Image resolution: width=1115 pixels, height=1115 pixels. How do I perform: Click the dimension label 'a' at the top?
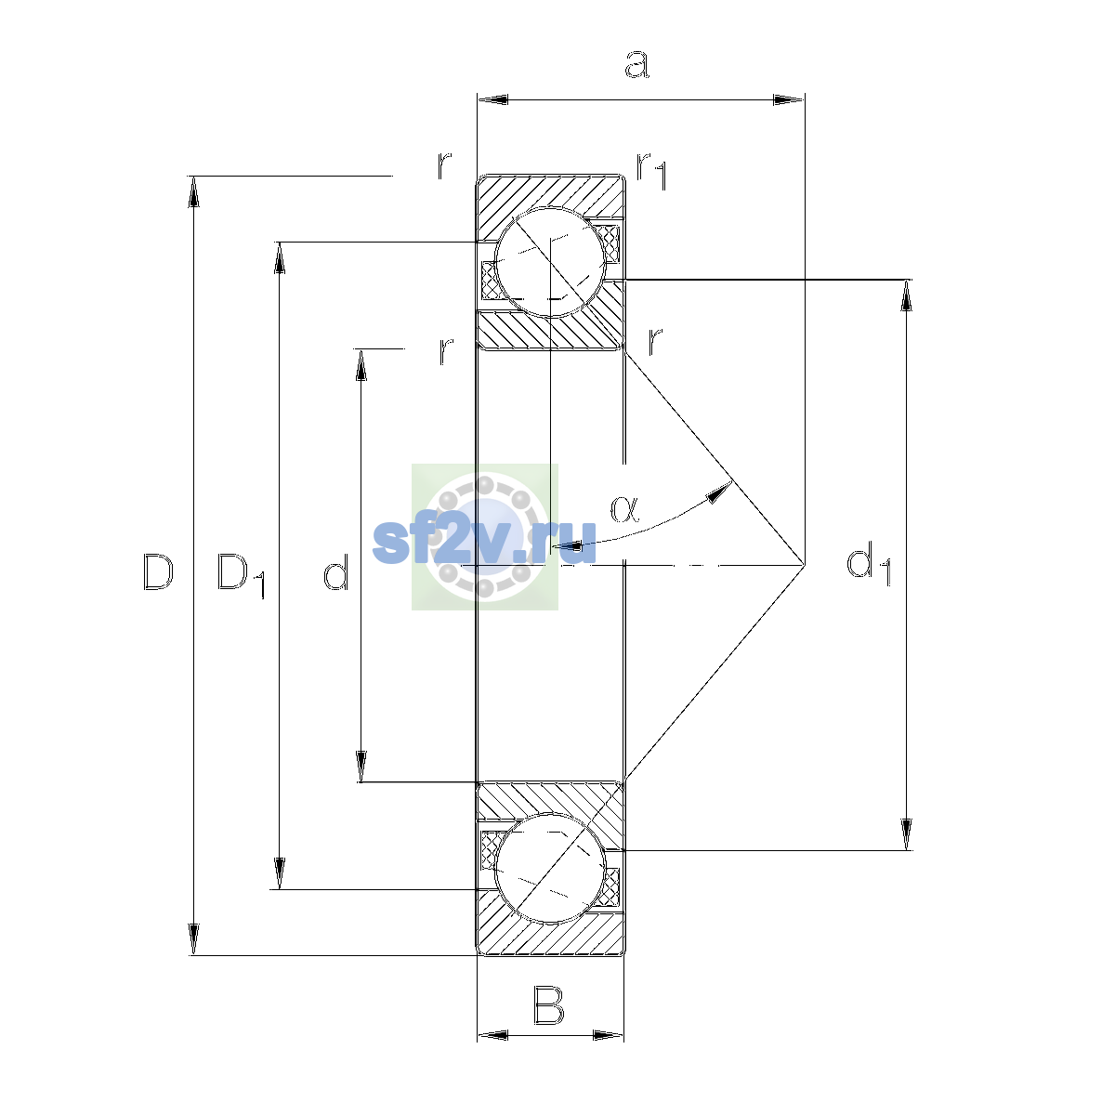tap(637, 64)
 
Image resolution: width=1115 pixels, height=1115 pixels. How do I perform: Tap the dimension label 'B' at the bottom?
tap(548, 1006)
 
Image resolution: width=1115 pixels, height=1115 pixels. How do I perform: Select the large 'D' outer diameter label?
tap(158, 572)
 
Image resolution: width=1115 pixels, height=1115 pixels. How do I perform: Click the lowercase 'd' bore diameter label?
tap(336, 572)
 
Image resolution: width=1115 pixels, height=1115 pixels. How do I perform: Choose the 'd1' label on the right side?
tap(869, 563)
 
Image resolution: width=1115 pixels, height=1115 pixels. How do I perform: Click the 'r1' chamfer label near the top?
tap(652, 171)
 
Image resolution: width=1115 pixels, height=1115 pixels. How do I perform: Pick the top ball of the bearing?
tap(550, 262)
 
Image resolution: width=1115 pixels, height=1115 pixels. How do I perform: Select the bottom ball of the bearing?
tap(550, 868)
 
